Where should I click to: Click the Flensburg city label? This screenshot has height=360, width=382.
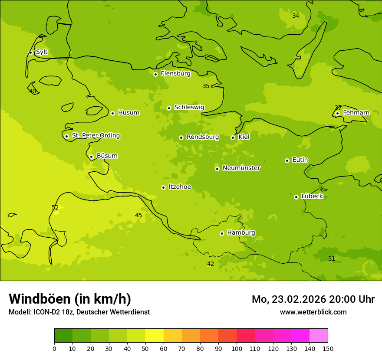(175, 74)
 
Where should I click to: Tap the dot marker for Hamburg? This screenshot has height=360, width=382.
(222, 233)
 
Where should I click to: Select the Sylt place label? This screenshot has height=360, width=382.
(42, 52)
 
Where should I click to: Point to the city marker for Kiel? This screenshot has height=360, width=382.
(233, 137)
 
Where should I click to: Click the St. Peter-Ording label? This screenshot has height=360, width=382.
(96, 136)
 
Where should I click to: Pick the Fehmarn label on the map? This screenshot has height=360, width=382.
(356, 113)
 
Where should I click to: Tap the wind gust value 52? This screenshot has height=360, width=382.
(55, 208)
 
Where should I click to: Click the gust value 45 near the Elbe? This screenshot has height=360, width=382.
(138, 216)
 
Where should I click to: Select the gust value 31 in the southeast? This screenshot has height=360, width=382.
(332, 259)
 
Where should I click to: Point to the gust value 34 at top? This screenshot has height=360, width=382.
(296, 16)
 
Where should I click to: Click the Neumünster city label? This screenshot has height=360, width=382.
(241, 168)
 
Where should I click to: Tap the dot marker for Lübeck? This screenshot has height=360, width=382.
(296, 197)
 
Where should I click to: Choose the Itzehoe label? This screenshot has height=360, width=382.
(180, 187)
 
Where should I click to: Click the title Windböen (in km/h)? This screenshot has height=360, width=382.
(70, 299)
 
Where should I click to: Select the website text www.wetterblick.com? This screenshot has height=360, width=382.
(313, 312)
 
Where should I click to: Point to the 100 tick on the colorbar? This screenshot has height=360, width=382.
(237, 348)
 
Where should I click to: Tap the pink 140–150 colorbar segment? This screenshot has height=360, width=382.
(319, 336)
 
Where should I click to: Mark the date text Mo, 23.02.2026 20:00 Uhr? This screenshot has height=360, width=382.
(313, 299)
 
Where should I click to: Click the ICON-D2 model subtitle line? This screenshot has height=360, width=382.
(79, 312)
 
